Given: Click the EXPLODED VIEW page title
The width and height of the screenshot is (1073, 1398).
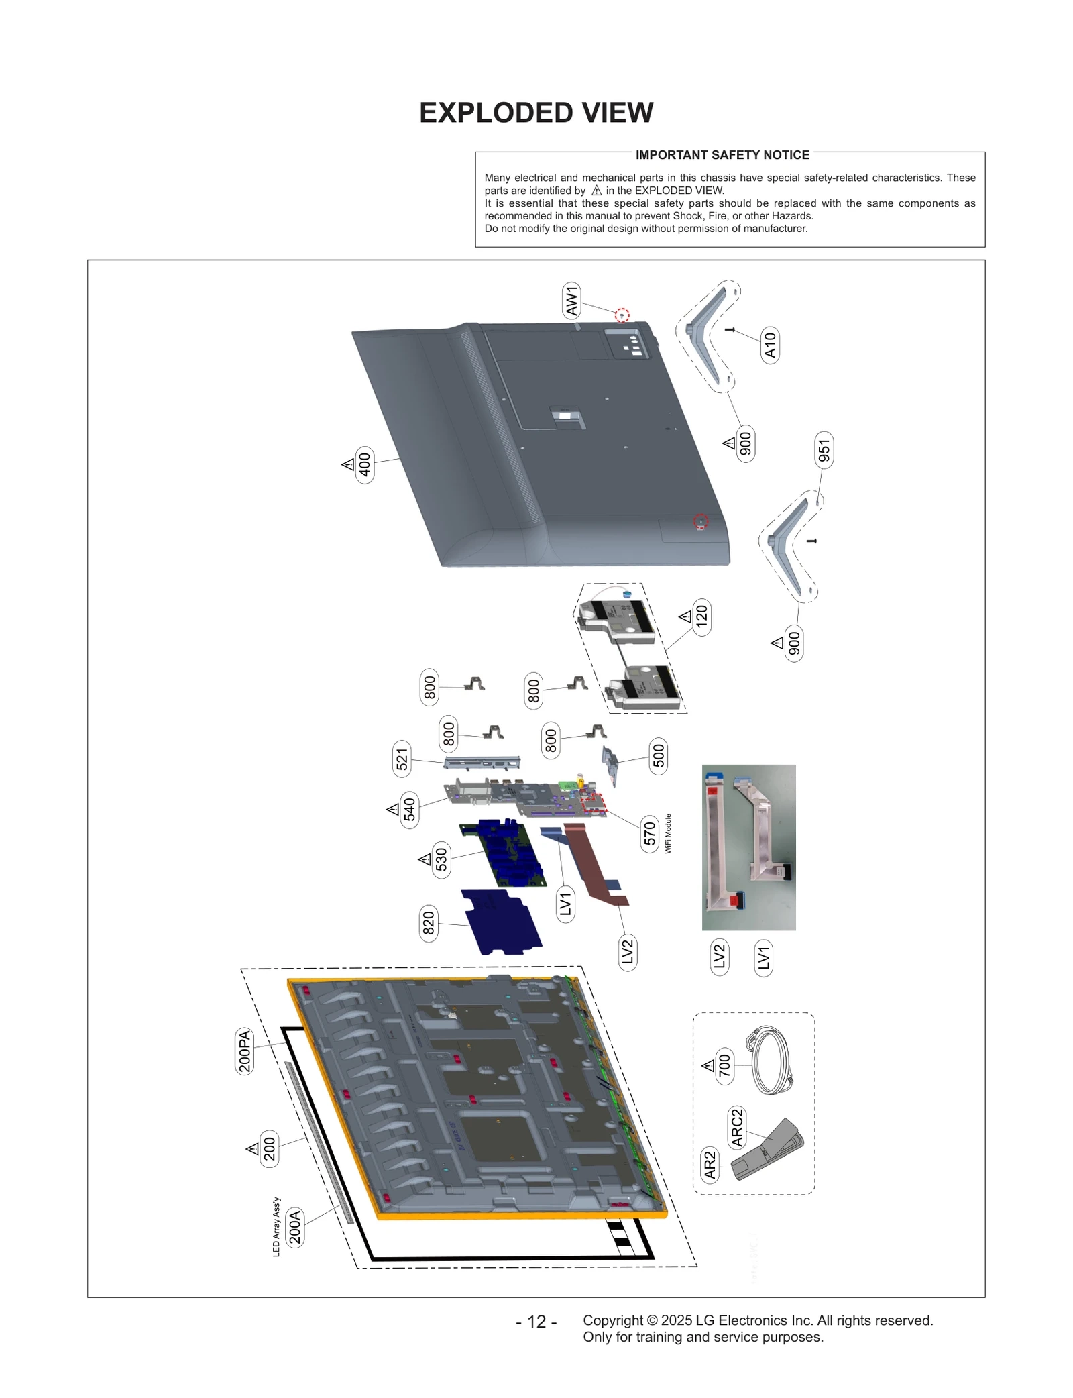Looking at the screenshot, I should (x=536, y=113).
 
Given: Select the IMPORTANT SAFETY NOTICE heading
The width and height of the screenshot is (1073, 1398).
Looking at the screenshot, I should (x=722, y=155).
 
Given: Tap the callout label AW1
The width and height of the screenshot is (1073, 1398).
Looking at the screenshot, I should (x=571, y=301).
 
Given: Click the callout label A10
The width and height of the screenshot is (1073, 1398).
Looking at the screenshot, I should (x=770, y=345).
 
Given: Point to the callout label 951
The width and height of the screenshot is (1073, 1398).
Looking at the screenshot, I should (x=824, y=449).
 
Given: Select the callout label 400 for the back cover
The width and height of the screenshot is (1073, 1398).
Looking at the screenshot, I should (x=364, y=464).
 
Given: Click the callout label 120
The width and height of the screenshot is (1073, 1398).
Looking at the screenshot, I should (x=701, y=616).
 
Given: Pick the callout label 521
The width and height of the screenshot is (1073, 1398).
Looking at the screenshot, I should (x=402, y=759).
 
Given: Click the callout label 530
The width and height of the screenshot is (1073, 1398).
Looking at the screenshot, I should (x=441, y=859).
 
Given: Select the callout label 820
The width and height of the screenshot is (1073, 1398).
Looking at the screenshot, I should (x=428, y=923).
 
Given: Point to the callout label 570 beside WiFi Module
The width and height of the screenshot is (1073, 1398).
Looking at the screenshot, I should (x=649, y=834).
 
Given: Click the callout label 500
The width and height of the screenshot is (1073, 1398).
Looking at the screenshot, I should (x=659, y=755).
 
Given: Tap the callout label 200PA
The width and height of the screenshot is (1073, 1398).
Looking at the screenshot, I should (x=245, y=1051).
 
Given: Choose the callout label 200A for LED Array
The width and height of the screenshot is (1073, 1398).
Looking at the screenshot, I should (x=294, y=1227).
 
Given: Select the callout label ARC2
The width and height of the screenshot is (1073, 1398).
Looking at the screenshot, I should (x=736, y=1127).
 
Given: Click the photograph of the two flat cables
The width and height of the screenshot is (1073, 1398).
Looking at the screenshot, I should (x=748, y=847).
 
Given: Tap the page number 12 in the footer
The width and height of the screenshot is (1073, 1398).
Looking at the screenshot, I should (x=536, y=1322).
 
